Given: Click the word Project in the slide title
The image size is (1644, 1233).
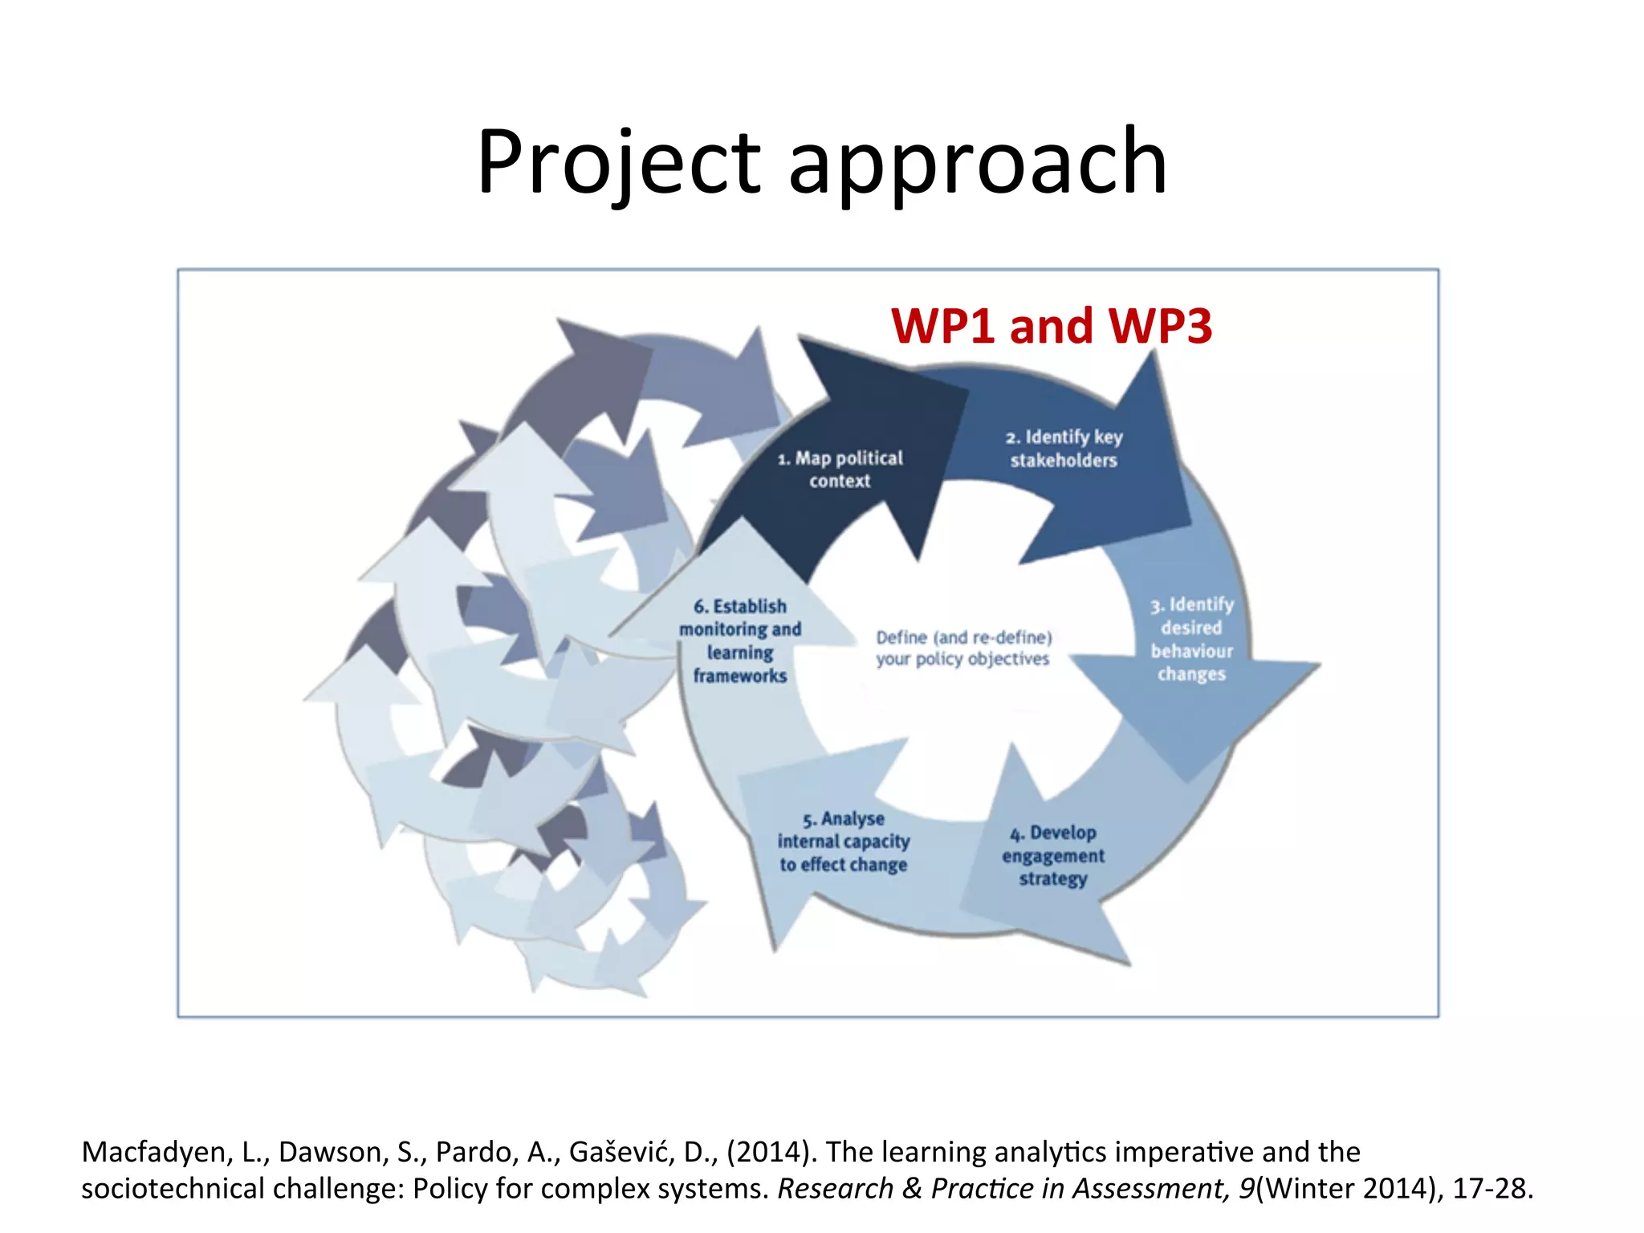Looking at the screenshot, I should tap(618, 163).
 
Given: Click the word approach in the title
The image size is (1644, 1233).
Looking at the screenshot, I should tap(977, 163).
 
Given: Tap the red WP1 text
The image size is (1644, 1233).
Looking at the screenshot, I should tap(943, 326).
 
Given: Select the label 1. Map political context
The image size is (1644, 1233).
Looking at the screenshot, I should tap(840, 470).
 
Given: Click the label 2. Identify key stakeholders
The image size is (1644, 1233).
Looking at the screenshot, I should tap(1064, 449).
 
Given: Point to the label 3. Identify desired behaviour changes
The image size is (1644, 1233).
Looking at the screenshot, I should tap(1191, 639).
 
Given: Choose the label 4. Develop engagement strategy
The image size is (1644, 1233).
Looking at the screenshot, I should tap(1053, 856).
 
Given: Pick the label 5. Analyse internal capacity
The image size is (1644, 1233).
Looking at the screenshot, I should tap(844, 841).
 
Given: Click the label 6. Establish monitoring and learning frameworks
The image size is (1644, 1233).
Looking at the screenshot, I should tap(740, 641).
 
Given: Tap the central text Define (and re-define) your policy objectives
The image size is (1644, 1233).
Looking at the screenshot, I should tap(963, 648).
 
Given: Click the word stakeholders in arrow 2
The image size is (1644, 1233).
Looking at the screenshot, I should tap(1064, 461).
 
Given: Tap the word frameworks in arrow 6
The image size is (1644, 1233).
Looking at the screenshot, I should tap(740, 676).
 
